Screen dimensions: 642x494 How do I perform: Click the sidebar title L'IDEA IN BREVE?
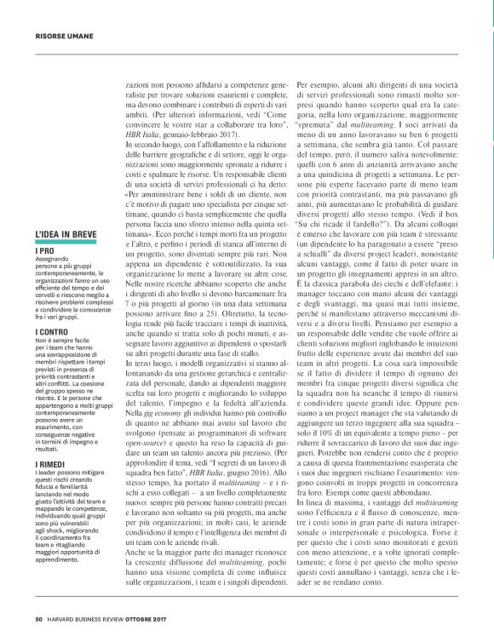[x=71, y=233]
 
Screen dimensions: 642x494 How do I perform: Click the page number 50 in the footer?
[x=39, y=619]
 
